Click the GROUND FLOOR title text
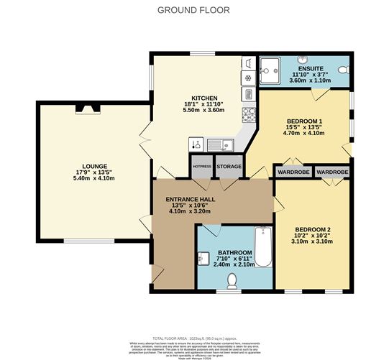tap(194, 11)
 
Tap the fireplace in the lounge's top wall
tap(90, 109)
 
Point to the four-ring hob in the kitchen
tap(249, 114)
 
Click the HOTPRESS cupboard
tap(201, 167)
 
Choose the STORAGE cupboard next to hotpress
tap(229, 167)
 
